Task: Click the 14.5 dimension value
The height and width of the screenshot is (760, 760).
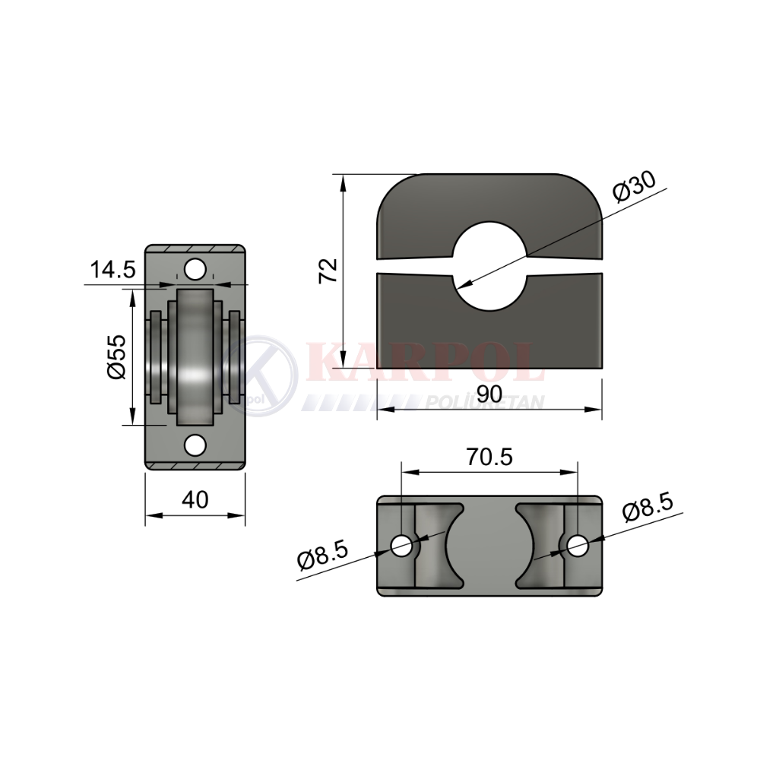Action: point(113,270)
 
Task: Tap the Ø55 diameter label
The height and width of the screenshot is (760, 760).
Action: point(116,356)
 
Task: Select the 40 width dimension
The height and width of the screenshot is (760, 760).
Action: point(195,499)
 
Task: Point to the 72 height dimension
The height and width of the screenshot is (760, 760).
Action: point(328,271)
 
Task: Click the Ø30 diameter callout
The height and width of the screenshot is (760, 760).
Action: point(634,186)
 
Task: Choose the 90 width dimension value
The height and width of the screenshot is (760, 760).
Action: point(489,394)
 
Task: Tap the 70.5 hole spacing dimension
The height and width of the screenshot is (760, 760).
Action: point(489,457)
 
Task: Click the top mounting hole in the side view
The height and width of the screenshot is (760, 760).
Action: point(195,270)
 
